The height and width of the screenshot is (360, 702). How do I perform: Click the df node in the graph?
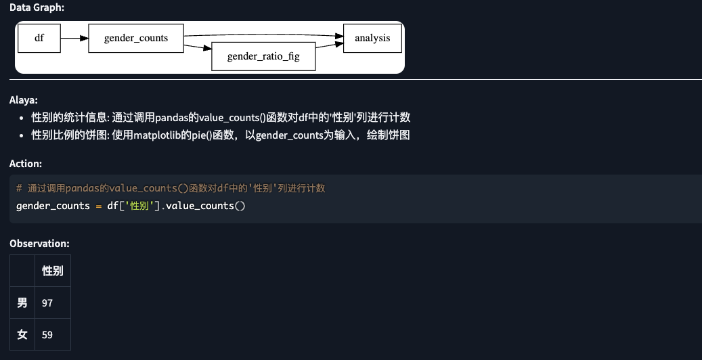point(39,38)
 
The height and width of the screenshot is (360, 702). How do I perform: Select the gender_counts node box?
point(136,38)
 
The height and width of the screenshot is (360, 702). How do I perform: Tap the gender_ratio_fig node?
point(263,56)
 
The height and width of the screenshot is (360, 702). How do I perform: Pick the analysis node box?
point(372,38)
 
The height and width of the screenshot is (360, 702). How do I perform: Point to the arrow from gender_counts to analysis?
point(264,34)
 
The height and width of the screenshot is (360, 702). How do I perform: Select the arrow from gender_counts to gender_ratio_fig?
point(198,47)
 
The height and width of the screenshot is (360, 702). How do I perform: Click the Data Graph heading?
point(37,7)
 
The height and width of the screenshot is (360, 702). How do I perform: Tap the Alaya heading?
point(24,99)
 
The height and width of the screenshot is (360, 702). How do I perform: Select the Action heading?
point(26,164)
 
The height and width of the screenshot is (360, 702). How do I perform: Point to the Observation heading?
point(39,243)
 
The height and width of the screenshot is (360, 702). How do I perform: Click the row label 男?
point(22,302)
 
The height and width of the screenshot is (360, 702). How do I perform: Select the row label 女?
point(22,334)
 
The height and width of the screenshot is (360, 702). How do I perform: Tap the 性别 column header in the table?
point(53,271)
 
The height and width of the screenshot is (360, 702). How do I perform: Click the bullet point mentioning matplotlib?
point(221,135)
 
